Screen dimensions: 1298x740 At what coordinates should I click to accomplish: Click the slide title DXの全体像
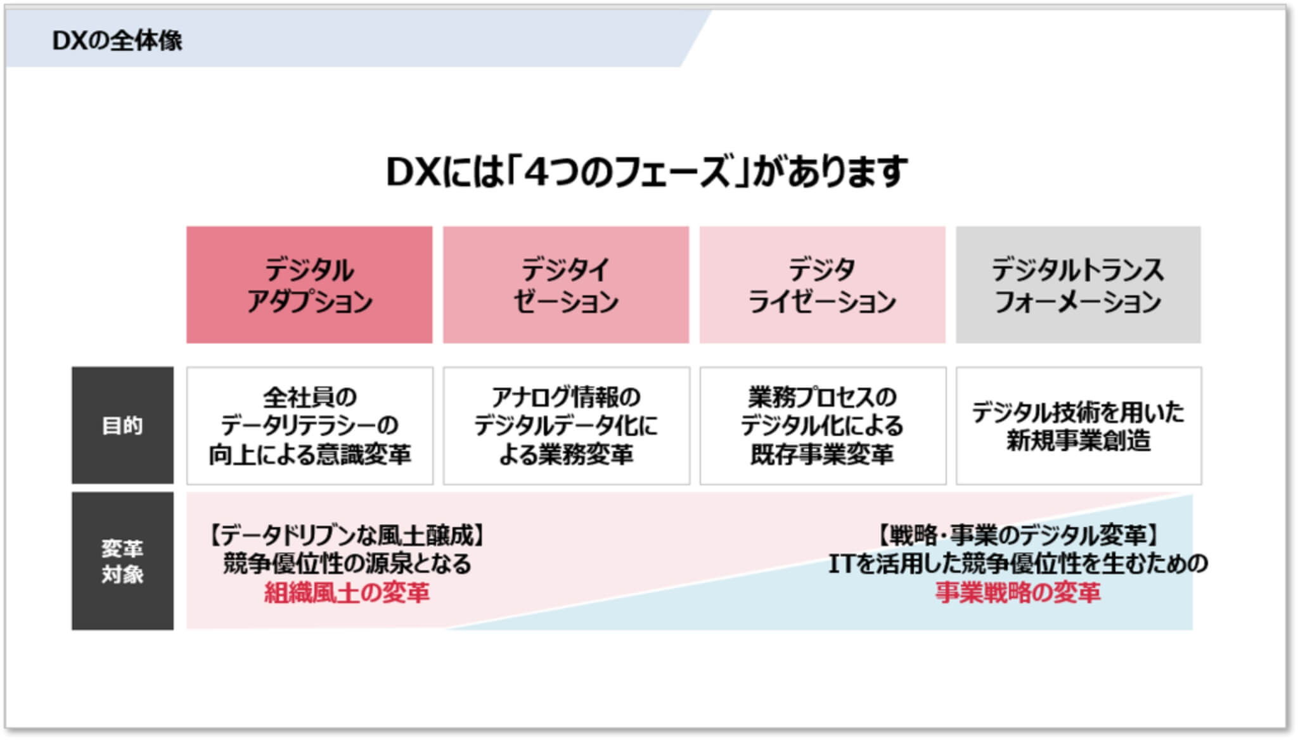click(117, 41)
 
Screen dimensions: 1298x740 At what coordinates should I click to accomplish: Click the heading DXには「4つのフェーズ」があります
click(647, 172)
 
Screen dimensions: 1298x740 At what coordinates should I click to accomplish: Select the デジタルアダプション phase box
click(309, 285)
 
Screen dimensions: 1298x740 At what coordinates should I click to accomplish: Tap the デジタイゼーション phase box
click(566, 285)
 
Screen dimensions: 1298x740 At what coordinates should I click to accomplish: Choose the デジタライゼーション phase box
click(823, 285)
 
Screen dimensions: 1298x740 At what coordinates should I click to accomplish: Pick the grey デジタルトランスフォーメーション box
click(1078, 285)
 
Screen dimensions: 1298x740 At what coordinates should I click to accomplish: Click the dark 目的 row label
click(122, 425)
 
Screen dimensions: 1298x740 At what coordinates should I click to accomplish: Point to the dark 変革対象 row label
click(122, 561)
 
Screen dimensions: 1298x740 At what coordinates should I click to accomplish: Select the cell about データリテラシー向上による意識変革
click(310, 426)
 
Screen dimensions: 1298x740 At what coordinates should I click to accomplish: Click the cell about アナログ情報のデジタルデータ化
click(567, 426)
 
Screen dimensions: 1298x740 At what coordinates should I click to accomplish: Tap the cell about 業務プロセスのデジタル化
click(823, 426)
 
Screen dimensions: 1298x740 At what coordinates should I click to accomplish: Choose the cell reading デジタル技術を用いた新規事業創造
click(1079, 426)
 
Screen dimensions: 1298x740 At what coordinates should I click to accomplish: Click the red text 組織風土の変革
click(347, 593)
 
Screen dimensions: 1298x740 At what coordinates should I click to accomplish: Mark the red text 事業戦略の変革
click(1018, 593)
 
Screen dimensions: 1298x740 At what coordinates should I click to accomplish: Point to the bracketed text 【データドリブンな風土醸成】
click(347, 536)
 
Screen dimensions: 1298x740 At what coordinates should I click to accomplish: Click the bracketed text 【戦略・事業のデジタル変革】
click(1018, 536)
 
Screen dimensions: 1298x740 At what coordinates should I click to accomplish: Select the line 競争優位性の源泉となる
click(347, 564)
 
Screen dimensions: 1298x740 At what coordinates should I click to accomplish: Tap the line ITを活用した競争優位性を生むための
click(1018, 564)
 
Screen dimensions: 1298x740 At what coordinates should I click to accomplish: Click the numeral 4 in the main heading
click(536, 172)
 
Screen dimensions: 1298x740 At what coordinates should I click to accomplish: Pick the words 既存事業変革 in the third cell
click(823, 454)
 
